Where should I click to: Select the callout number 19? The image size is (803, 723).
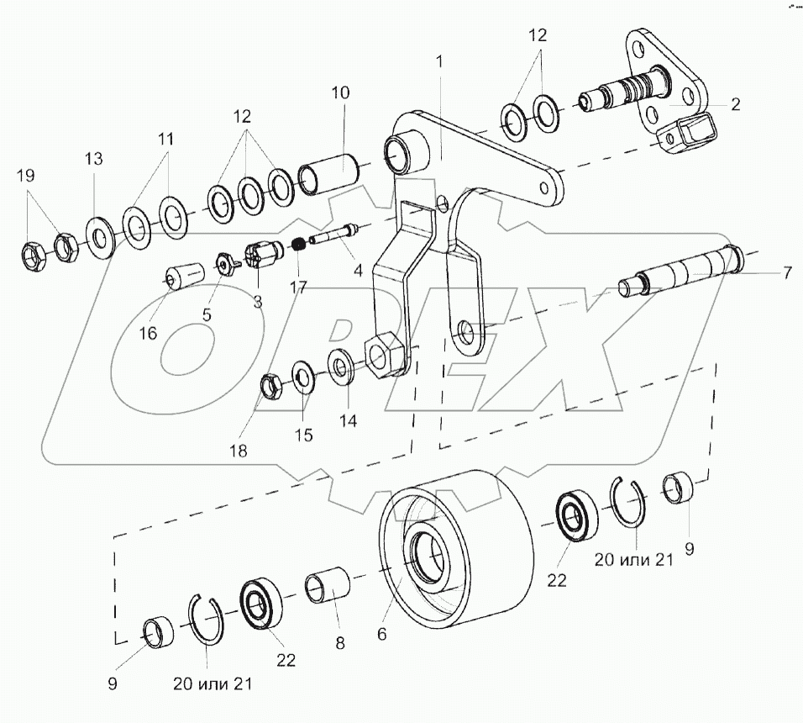pyautogui.click(x=25, y=175)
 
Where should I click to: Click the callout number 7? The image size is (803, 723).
pyautogui.click(x=786, y=272)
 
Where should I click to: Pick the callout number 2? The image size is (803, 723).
pyautogui.click(x=735, y=104)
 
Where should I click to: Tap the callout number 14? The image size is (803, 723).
pyautogui.click(x=348, y=420)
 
